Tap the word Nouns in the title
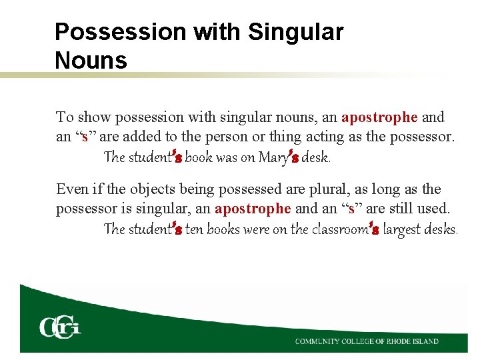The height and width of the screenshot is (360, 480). pyautogui.click(x=91, y=61)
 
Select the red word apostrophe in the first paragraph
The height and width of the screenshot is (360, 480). pyautogui.click(x=379, y=117)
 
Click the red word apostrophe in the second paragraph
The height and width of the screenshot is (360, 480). pyautogui.click(x=253, y=208)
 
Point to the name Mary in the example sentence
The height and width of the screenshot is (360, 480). pyautogui.click(x=272, y=158)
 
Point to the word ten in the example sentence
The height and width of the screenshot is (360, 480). pyautogui.click(x=195, y=229)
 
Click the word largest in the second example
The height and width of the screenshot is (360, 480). pyautogui.click(x=405, y=229)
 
